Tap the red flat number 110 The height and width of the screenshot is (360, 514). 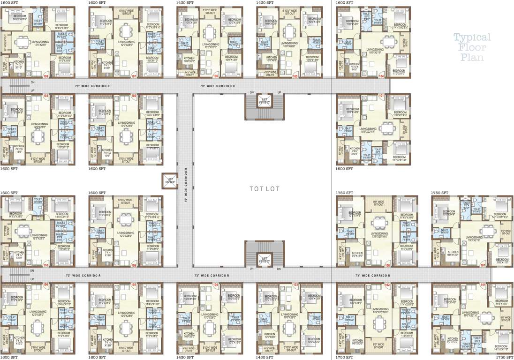tap(45, 266)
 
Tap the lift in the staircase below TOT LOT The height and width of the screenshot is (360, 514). tap(265, 259)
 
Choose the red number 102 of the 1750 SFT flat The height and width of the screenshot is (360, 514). tap(387, 285)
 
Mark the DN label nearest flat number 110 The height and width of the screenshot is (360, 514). tap(32, 271)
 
